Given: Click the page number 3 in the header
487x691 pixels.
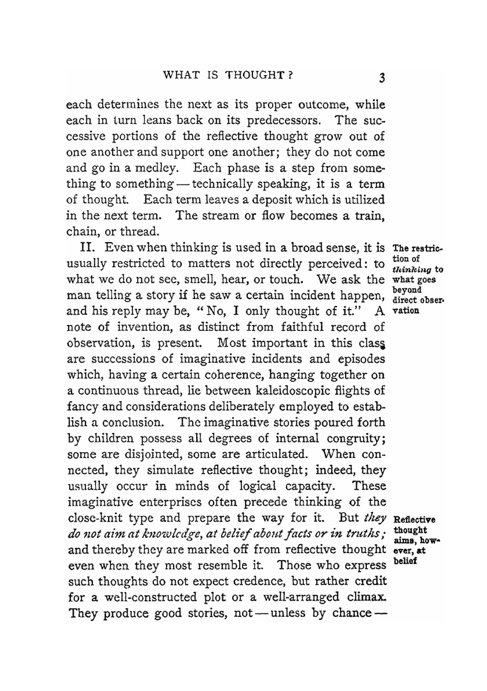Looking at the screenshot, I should (x=382, y=78).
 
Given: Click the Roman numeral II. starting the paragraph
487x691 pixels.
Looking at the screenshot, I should (x=91, y=247).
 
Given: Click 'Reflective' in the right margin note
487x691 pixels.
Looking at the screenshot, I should (x=413, y=519).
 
